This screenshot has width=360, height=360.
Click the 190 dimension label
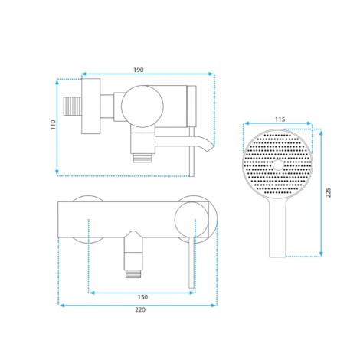click(139, 70)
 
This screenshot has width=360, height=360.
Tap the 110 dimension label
click(53, 125)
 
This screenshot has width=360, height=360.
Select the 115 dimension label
click(280, 119)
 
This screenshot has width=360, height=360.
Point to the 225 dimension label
click(329, 192)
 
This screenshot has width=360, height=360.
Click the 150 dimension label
click(142, 297)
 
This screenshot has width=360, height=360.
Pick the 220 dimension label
click(140, 309)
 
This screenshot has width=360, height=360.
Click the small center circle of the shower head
click(278, 165)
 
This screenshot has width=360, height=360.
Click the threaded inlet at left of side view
click(72, 106)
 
